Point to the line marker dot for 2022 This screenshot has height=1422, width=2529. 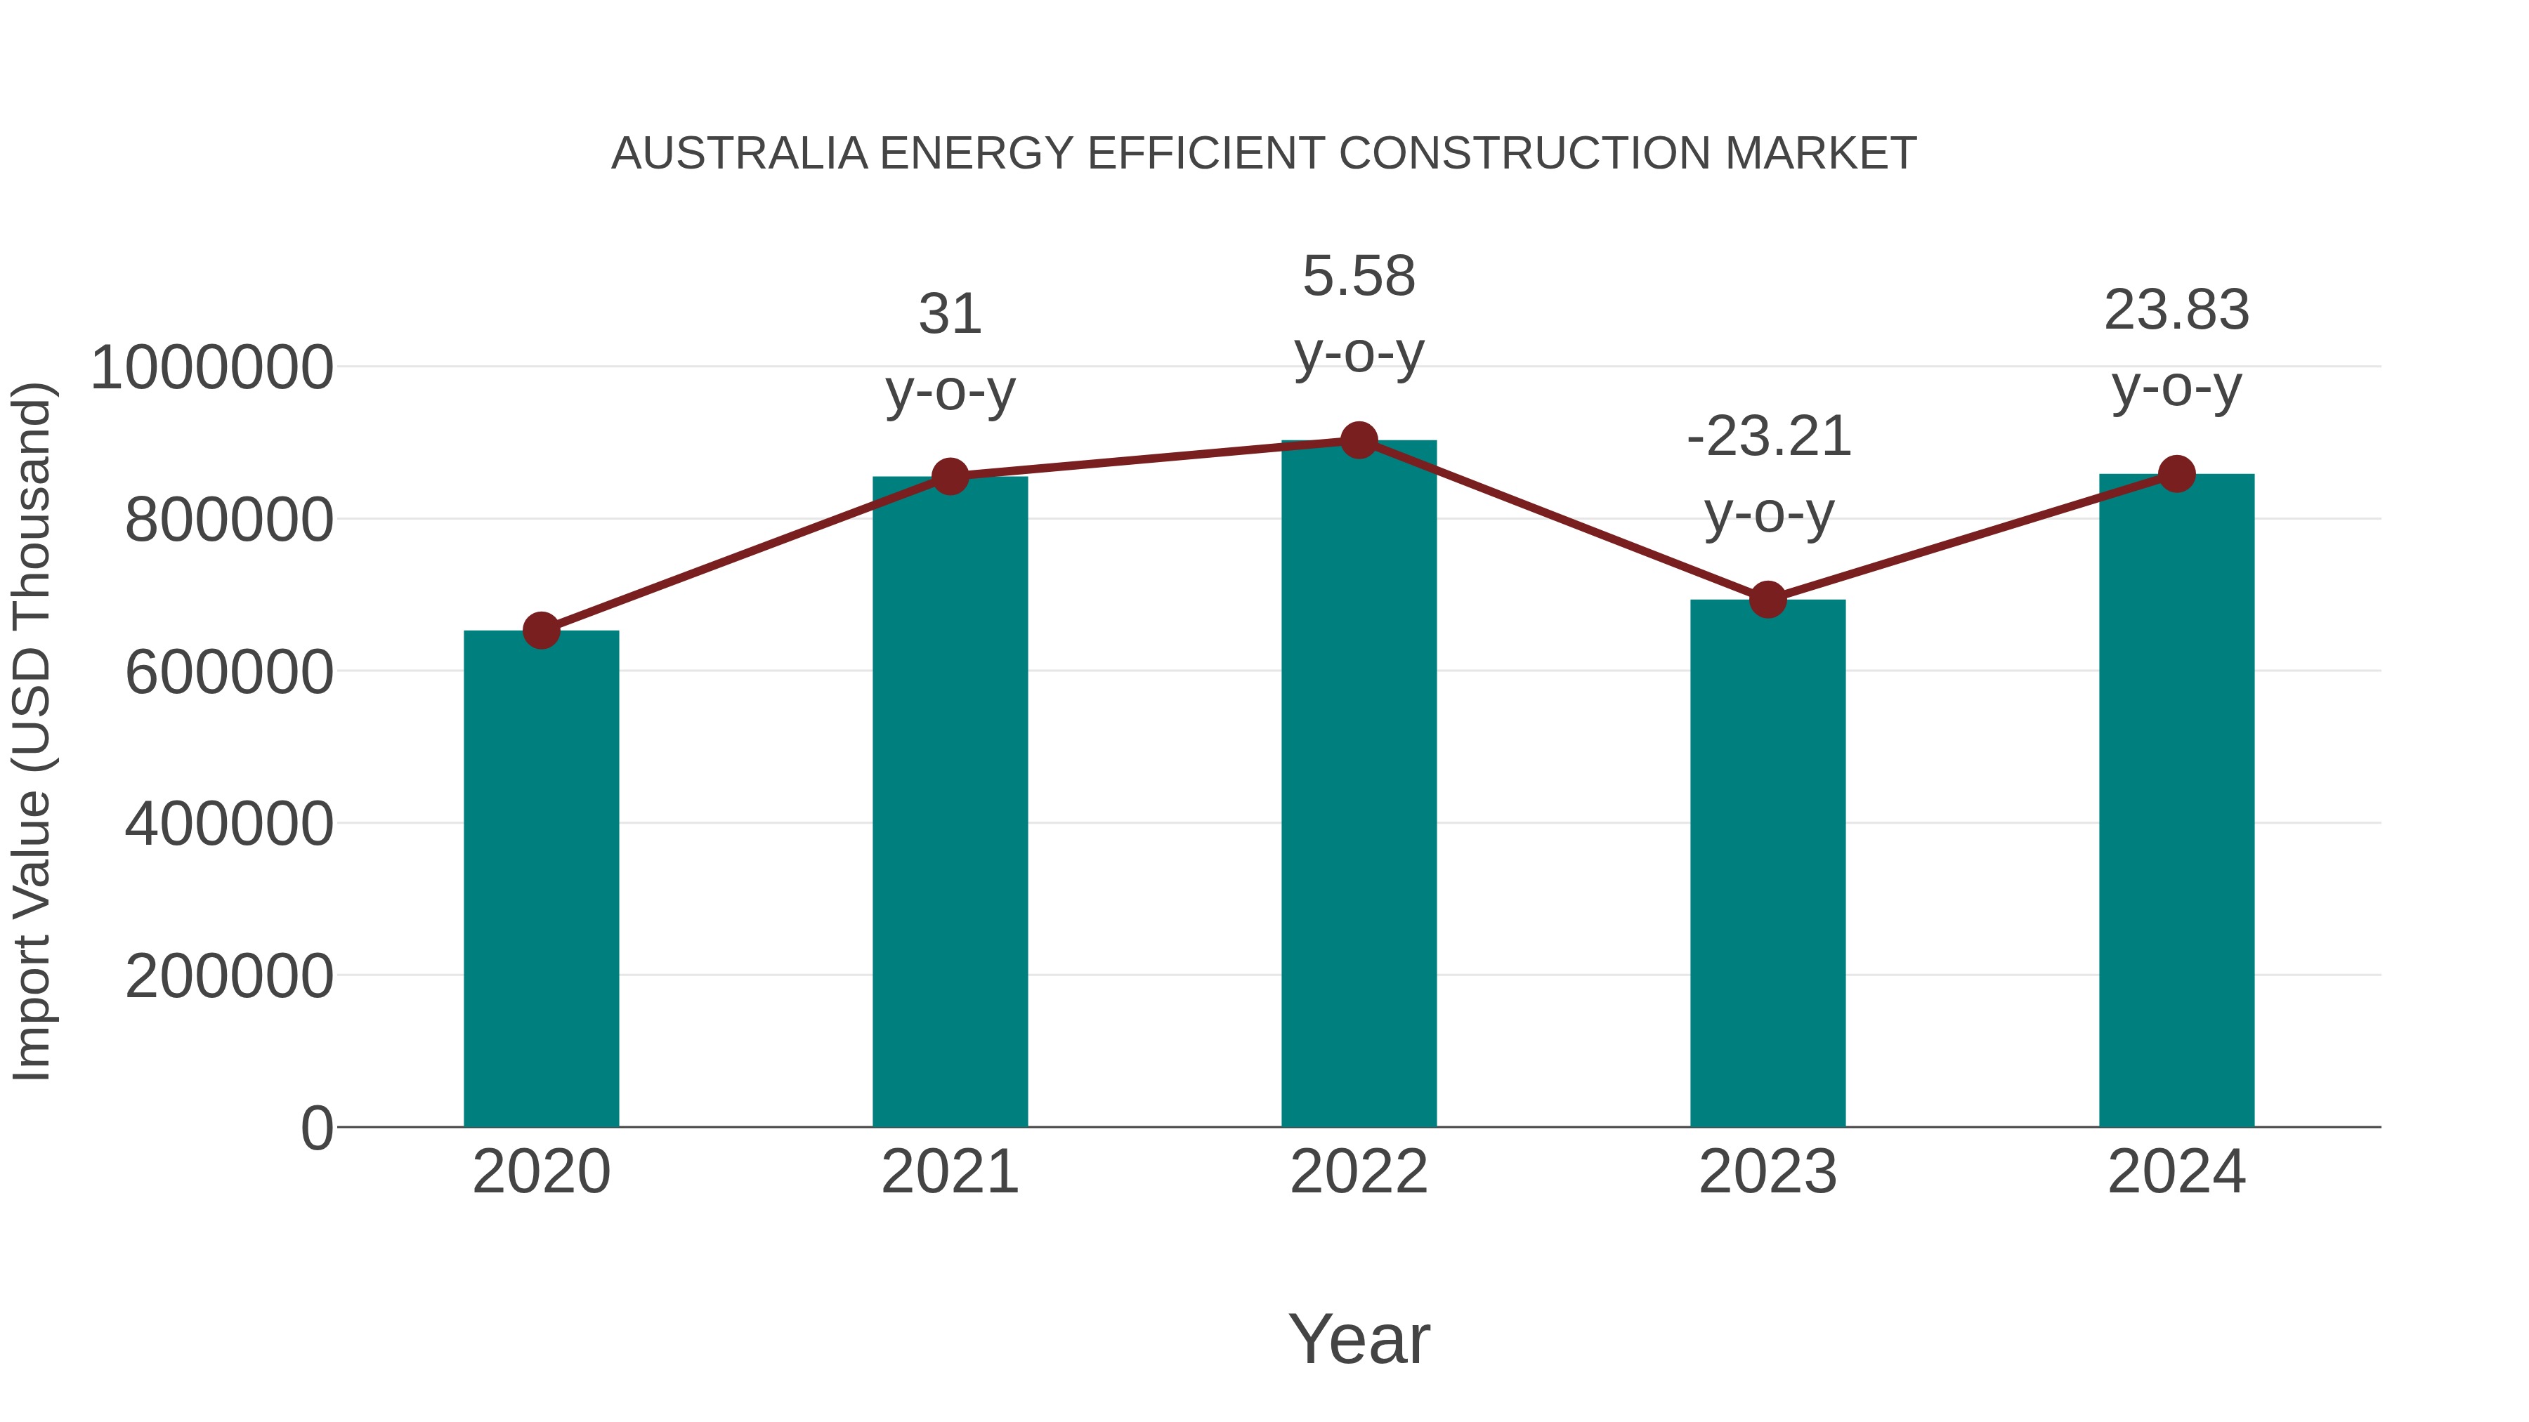[x=1359, y=440]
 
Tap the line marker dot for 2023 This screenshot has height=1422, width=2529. [x=1767, y=598]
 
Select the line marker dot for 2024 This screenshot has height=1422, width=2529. [x=2176, y=474]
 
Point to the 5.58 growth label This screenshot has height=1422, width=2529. [x=1359, y=313]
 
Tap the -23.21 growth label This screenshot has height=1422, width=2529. [x=1768, y=474]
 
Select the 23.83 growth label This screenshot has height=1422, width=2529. [x=2176, y=348]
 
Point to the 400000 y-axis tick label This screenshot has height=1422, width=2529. [x=229, y=824]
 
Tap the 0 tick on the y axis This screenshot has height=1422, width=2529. [x=317, y=1128]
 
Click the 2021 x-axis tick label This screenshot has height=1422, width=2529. [x=949, y=1173]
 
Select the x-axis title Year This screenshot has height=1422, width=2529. [x=1359, y=1338]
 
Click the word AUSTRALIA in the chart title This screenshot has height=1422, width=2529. [x=739, y=154]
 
